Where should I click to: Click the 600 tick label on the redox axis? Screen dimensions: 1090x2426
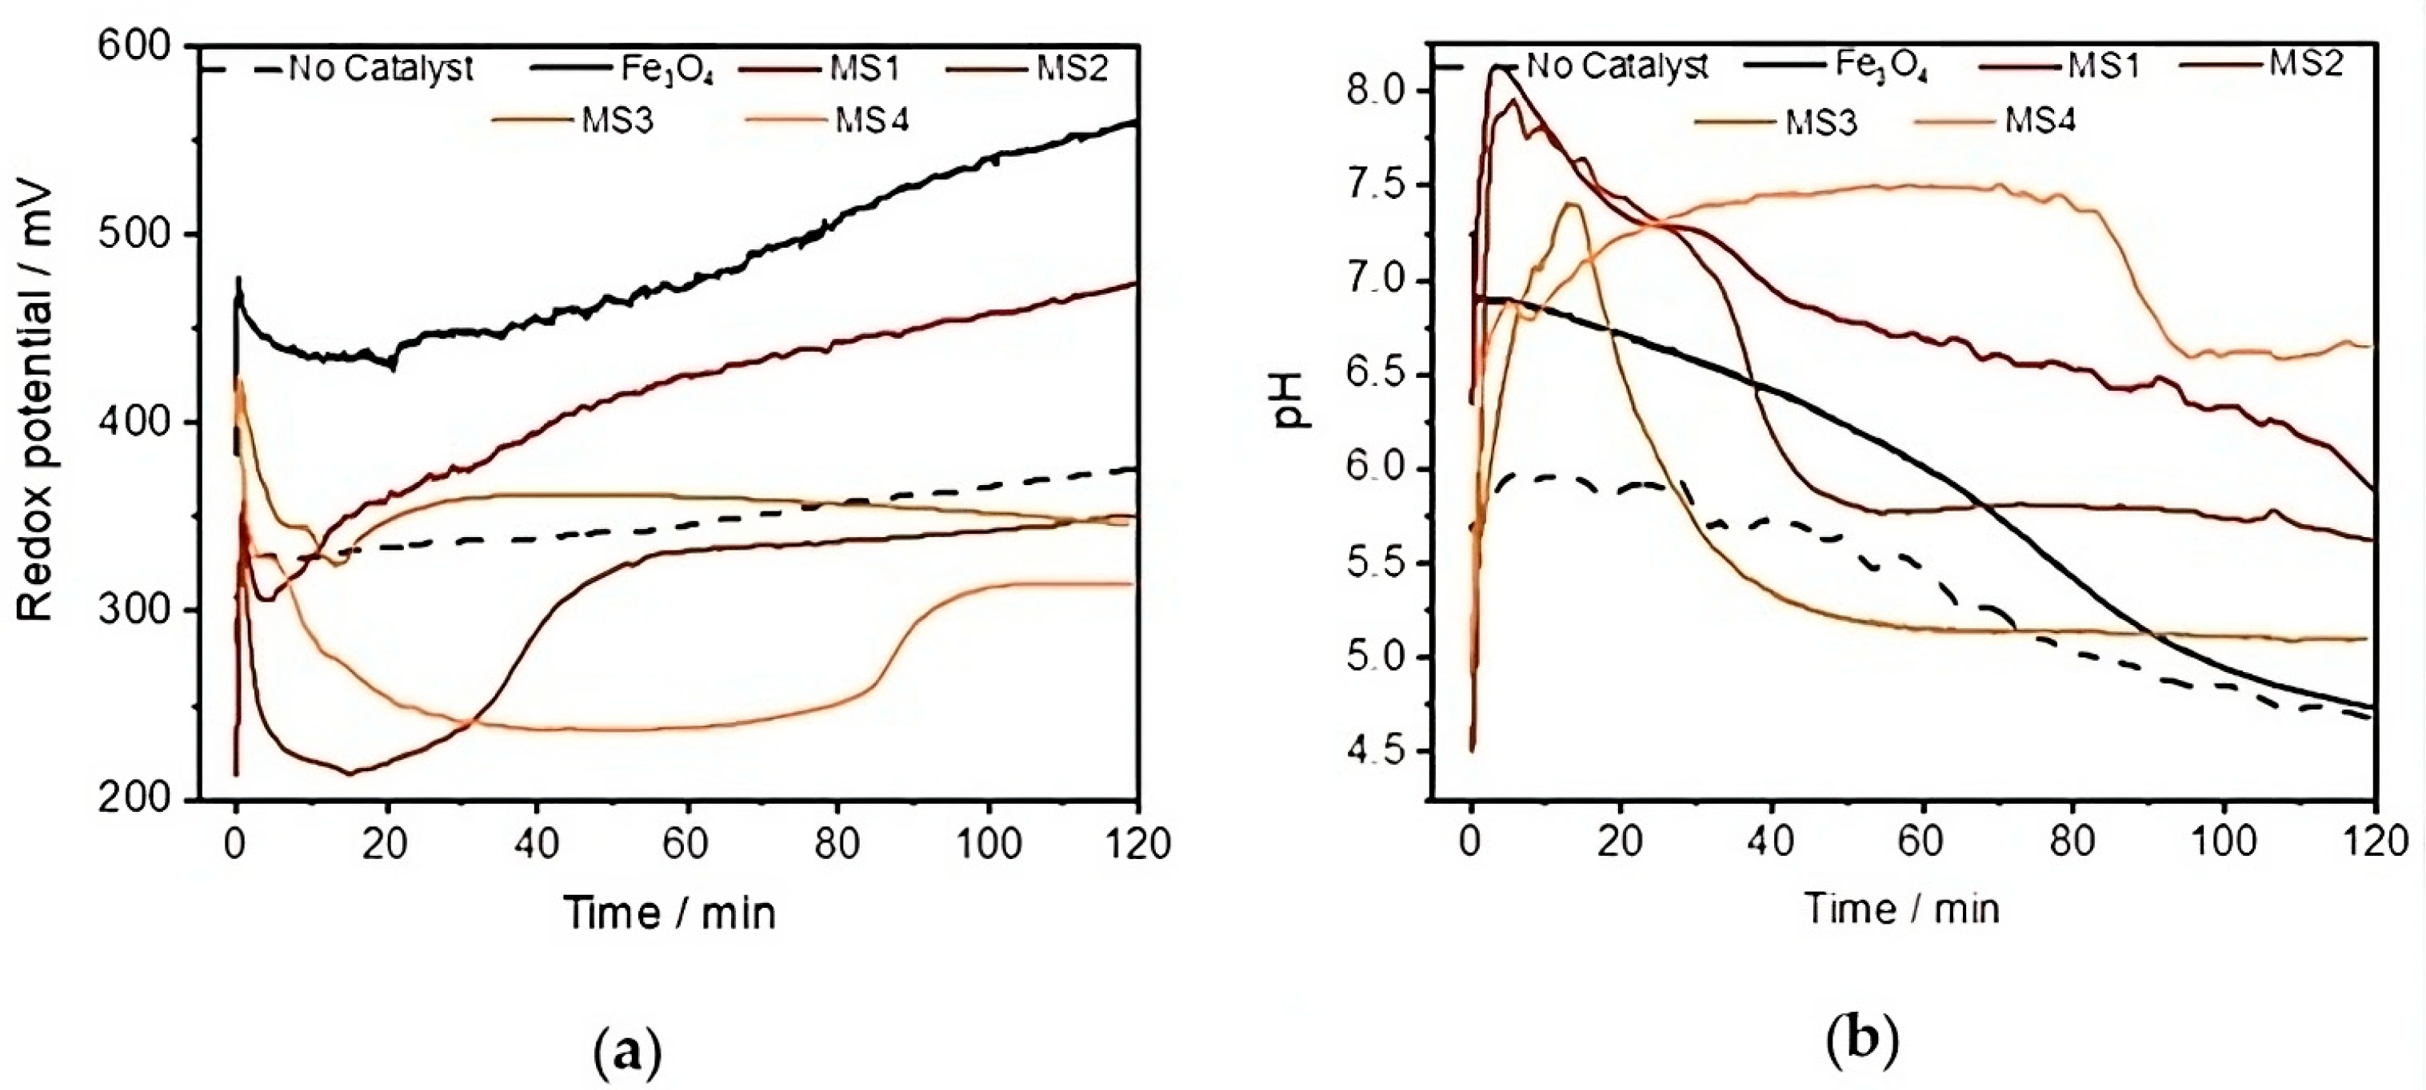(134, 46)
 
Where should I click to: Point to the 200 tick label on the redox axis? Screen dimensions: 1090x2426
(134, 799)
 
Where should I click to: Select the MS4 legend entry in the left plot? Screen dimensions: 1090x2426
(872, 121)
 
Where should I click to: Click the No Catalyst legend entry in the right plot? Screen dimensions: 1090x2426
(1616, 66)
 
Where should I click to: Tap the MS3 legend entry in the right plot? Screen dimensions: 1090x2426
(1821, 121)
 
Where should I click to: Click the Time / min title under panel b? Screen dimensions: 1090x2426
(1901, 909)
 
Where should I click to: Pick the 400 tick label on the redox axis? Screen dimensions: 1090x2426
(134, 423)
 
